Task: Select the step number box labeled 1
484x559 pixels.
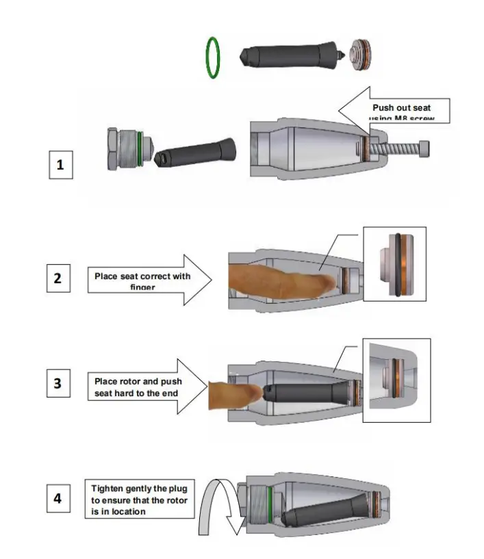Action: pyautogui.click(x=60, y=166)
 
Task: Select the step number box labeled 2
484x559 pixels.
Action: pyautogui.click(x=58, y=278)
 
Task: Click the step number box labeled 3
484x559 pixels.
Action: pyautogui.click(x=58, y=384)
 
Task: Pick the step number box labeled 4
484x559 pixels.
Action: pyautogui.click(x=58, y=499)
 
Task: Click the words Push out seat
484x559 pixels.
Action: pyautogui.click(x=400, y=107)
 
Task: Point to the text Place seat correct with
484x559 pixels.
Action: pyautogui.click(x=142, y=276)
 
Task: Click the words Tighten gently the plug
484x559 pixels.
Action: pyautogui.click(x=139, y=489)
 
